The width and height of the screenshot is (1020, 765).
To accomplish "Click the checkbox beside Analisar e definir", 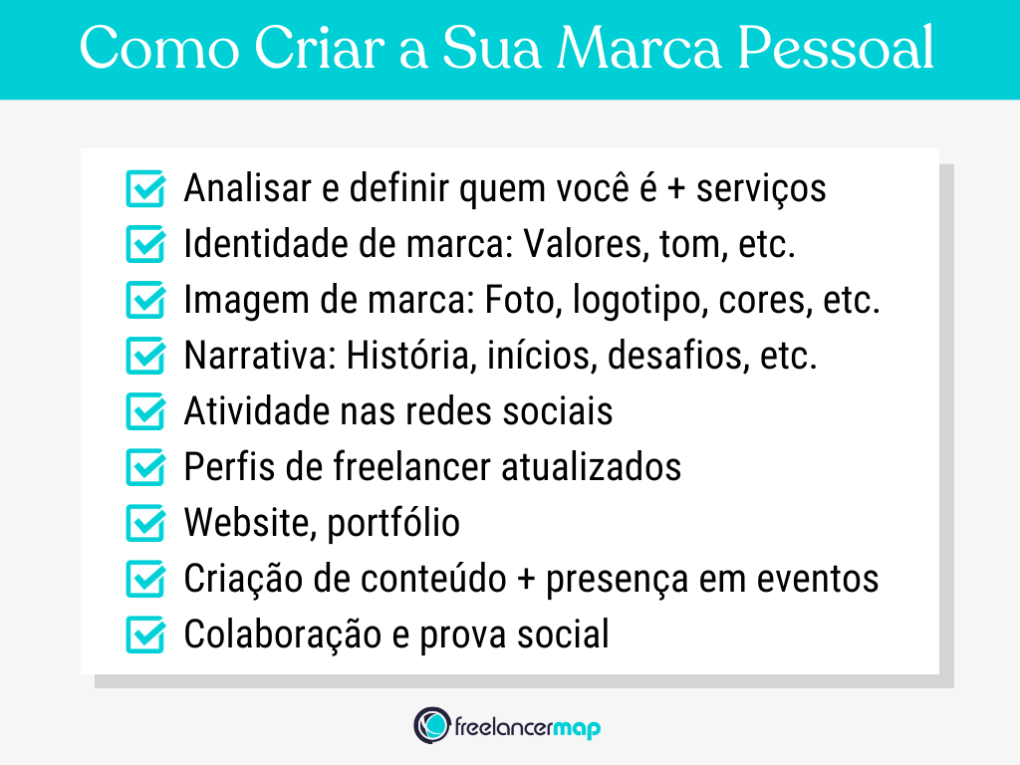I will pyautogui.click(x=146, y=189).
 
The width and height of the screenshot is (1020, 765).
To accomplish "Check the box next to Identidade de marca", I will pyautogui.click(x=146, y=245).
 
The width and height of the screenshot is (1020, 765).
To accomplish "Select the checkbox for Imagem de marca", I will pyautogui.click(x=146, y=301).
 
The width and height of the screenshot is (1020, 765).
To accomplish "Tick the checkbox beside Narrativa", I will pyautogui.click(x=146, y=357).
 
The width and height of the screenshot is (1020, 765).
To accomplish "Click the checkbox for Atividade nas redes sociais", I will pyautogui.click(x=146, y=412).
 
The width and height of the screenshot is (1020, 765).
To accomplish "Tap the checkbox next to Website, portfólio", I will pyautogui.click(x=146, y=524).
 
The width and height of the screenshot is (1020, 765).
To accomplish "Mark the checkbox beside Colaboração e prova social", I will pyautogui.click(x=146, y=636).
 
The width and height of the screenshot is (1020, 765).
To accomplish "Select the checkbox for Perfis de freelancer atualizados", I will pyautogui.click(x=146, y=468).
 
